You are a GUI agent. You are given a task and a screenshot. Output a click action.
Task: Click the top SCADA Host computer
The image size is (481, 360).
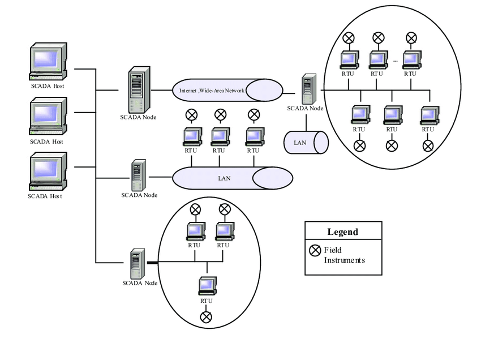[x=48, y=62]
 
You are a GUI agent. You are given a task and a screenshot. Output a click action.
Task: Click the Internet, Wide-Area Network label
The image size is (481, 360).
[x=211, y=90]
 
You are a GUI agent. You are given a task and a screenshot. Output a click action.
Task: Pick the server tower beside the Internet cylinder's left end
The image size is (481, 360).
[x=136, y=89]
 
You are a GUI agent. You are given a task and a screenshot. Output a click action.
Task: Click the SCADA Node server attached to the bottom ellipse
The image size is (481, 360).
[x=136, y=263]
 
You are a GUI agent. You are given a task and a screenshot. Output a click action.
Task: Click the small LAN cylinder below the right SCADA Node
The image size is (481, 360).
[x=306, y=142]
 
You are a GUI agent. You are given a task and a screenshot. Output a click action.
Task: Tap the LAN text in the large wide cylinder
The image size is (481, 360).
[x=224, y=178]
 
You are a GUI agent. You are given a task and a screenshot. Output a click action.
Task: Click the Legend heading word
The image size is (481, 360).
[x=342, y=232]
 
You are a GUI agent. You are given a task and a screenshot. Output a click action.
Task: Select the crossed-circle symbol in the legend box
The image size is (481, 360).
[x=315, y=250]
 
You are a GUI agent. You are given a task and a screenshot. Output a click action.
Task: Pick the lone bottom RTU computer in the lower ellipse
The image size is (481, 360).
[x=207, y=286]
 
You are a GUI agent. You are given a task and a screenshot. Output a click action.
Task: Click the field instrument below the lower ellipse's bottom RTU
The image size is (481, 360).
[x=207, y=316]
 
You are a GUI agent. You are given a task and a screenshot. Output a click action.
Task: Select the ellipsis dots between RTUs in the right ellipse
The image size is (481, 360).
[x=394, y=59]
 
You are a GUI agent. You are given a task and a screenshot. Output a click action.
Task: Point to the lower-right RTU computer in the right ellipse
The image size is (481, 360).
[x=428, y=114]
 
